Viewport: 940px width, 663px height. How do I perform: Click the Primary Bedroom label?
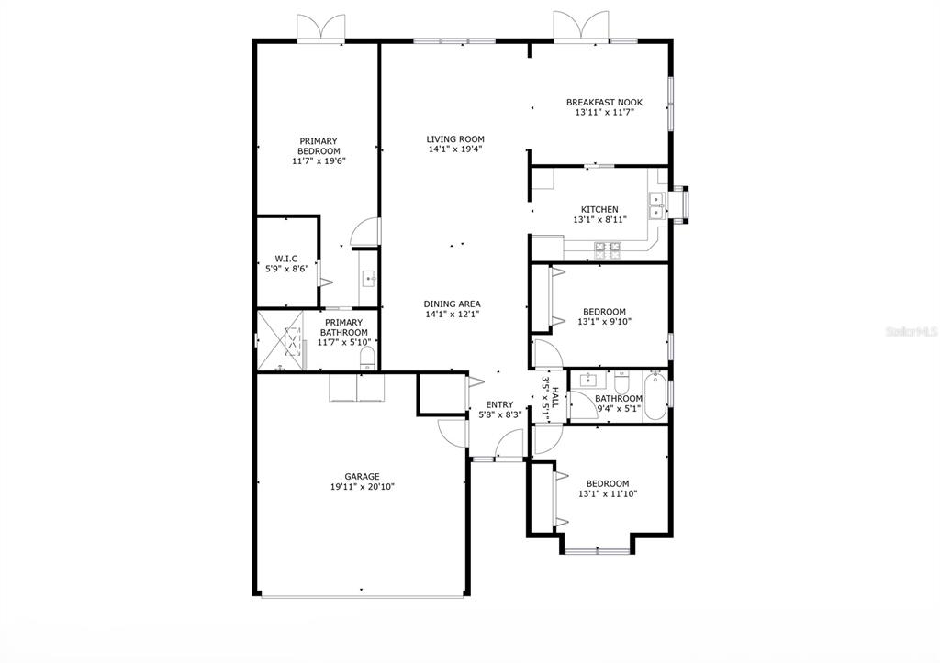319,146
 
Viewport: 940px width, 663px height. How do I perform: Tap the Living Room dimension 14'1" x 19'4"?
455,149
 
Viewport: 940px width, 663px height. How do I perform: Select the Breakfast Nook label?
604,103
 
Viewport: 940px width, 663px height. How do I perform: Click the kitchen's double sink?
656,205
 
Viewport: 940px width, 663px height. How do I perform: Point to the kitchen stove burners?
608,250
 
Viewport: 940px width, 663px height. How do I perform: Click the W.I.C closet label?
286,259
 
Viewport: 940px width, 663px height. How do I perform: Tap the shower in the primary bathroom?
281,341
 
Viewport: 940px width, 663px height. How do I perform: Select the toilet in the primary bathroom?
367,359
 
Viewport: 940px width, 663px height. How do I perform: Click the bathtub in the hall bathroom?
654,396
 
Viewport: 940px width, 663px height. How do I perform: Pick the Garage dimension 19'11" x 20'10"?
362,487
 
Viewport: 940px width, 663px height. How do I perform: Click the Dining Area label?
452,304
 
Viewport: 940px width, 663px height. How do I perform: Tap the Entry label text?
499,404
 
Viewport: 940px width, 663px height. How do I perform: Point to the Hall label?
555,397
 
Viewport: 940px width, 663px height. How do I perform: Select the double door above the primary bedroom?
320,28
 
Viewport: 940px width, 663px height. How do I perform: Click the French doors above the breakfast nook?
580,27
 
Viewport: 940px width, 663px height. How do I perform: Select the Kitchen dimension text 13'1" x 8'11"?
600,220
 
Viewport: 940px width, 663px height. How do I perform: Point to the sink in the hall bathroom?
588,380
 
